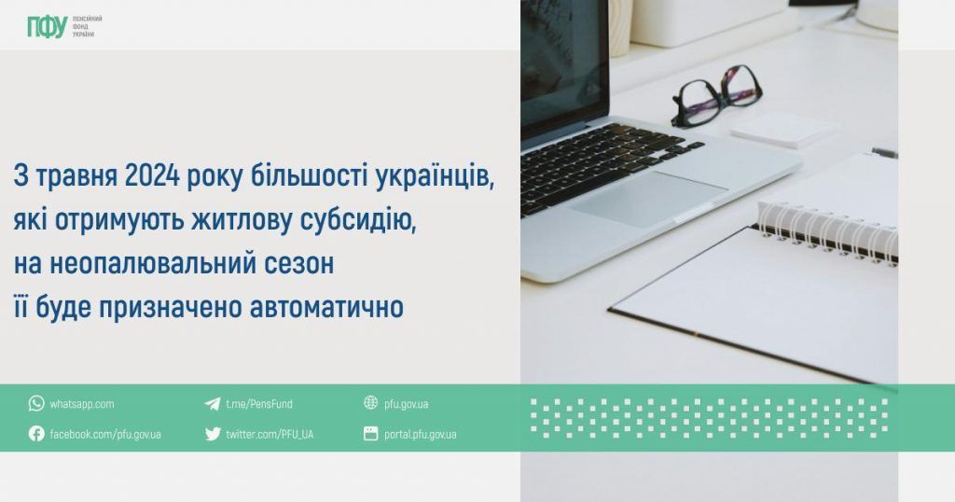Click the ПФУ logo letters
47,27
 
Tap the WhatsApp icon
36,403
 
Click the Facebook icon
36,434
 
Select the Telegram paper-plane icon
213,403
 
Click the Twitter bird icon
213,434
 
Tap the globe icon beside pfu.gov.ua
371,403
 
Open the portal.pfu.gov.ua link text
420,434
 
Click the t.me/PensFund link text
259,404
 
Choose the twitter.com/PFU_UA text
270,434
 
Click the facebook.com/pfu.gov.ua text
105,434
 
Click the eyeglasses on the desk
715,95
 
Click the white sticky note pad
782,129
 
